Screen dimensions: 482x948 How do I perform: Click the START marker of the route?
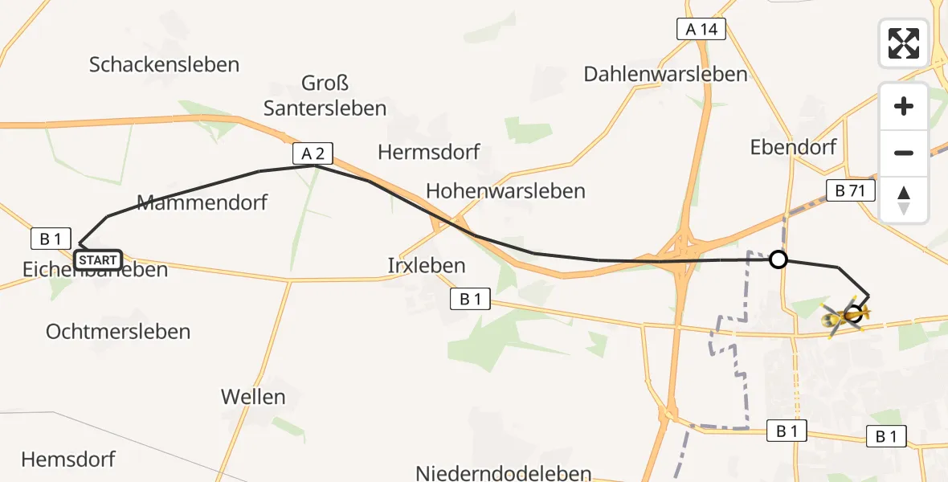pos(97,259)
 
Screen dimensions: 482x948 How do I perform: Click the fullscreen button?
pos(904,43)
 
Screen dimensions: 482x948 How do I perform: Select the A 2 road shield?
pos(313,153)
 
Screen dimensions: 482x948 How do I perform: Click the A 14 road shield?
pos(701,30)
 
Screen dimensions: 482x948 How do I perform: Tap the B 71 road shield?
pos(849,190)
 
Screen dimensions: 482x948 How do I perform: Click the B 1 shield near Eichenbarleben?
pos(51,238)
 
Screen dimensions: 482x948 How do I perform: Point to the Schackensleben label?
pos(164,64)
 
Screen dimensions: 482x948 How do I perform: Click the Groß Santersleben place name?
pos(325,95)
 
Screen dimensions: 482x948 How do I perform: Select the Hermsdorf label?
pos(429,151)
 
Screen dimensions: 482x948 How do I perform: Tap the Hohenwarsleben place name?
pos(505,191)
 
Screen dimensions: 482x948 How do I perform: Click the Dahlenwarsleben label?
pos(665,75)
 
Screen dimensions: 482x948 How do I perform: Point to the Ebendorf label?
pos(793,147)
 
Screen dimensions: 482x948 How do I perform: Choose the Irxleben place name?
pos(426,265)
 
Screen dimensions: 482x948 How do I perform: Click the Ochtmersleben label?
pos(118,331)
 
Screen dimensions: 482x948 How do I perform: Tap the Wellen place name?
pos(253,396)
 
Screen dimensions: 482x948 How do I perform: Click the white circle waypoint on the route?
pos(778,259)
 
